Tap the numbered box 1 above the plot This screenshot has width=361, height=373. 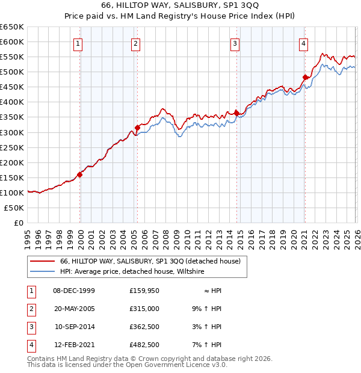click(79, 43)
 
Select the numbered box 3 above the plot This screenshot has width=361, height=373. click(235, 43)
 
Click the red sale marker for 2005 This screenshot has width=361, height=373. click(137, 128)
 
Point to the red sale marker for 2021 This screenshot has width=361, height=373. click(305, 77)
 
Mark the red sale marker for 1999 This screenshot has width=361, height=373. click(80, 174)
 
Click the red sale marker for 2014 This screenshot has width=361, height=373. click(237, 113)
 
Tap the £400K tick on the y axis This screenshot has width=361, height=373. click(12, 102)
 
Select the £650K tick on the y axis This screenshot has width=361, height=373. click(12, 27)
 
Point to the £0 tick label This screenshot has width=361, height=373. click(19, 223)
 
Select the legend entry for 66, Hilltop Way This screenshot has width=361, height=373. click(150, 261)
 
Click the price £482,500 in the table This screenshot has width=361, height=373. click(144, 345)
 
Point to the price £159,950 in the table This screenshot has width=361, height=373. click(144, 291)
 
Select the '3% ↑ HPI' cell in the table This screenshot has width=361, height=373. click(205, 327)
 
